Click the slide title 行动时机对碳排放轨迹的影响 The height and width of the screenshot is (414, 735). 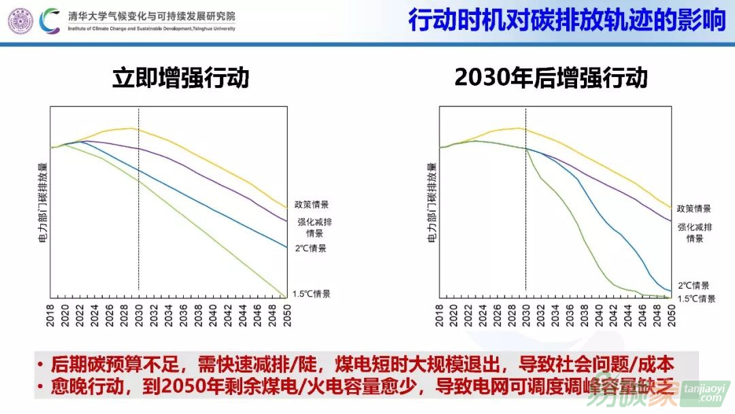567,20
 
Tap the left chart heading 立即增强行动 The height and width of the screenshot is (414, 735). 180,78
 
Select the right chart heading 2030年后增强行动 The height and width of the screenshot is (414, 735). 551,78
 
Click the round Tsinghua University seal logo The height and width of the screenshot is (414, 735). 20,20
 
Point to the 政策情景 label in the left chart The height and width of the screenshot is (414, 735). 311,204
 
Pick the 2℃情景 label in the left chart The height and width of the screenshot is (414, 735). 310,249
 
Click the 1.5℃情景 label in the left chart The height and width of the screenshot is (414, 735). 311,294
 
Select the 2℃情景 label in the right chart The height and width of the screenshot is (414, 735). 693,286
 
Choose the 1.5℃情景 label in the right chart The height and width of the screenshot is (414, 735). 696,299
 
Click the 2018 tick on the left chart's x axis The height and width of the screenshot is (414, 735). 51,316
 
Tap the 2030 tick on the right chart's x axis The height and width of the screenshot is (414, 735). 525,316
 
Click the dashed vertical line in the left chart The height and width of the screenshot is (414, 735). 138,204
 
